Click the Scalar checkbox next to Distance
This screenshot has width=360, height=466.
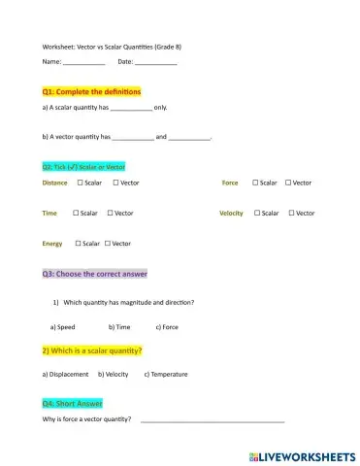pos(81,183)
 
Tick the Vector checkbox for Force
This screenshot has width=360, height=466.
pos(288,183)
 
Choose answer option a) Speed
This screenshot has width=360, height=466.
pos(62,327)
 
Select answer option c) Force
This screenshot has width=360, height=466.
pos(167,327)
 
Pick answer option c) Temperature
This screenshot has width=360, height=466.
pos(166,374)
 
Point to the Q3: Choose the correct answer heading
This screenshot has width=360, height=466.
pos(94,274)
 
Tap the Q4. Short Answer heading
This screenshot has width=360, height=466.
pos(73,403)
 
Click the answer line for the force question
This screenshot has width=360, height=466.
pos(213,420)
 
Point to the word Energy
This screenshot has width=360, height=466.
pos(52,244)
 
